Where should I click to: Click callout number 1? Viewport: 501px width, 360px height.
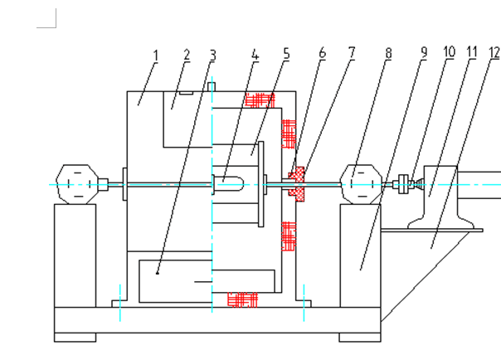(x=155, y=56)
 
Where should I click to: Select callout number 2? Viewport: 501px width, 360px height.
(x=187, y=55)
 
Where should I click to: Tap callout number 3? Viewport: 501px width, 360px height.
(x=212, y=56)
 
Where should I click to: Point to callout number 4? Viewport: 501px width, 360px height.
(x=255, y=56)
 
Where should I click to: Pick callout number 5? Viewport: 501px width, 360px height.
(x=286, y=55)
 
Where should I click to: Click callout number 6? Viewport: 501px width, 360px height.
(x=323, y=54)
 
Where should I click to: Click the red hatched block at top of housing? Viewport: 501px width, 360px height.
(x=260, y=100)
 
